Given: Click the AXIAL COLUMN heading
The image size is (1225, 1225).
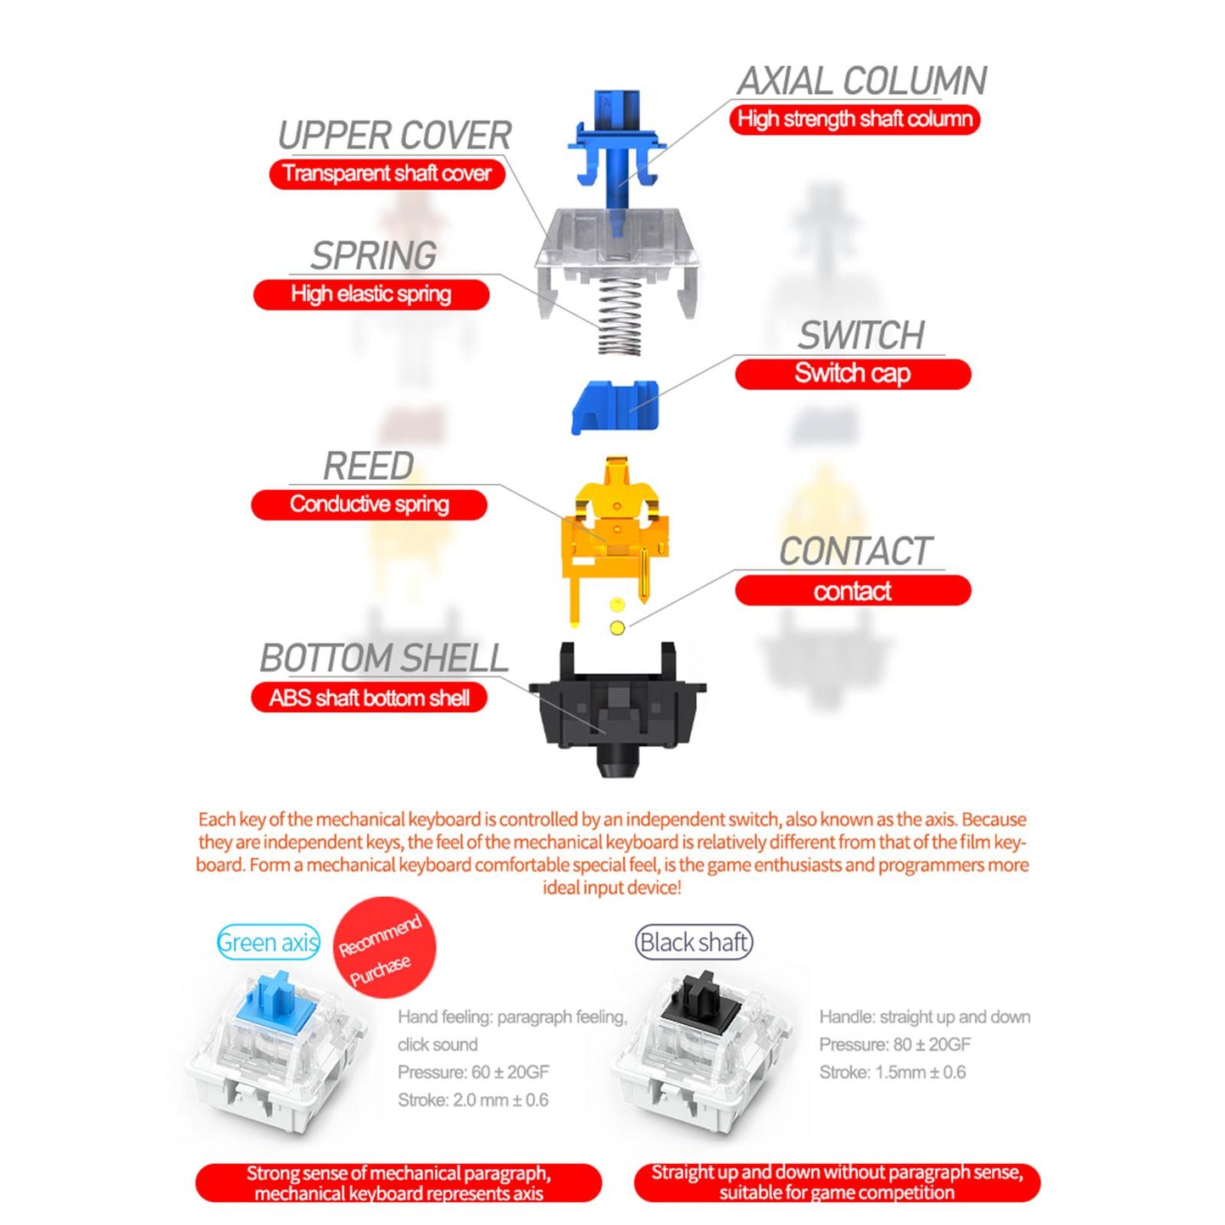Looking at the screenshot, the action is pyautogui.click(x=861, y=81).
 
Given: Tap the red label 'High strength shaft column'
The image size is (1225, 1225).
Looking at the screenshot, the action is pyautogui.click(x=855, y=120).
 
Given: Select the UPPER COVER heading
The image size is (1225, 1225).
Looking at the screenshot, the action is pyautogui.click(x=395, y=136).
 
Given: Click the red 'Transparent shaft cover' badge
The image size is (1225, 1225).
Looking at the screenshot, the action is pyautogui.click(x=387, y=174).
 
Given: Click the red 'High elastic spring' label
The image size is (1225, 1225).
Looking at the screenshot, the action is pyautogui.click(x=371, y=294).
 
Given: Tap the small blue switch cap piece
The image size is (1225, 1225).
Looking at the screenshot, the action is pyautogui.click(x=615, y=407).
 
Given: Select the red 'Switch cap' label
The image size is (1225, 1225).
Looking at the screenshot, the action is pyautogui.click(x=853, y=374).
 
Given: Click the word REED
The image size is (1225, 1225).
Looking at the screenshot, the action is pyautogui.click(x=369, y=466).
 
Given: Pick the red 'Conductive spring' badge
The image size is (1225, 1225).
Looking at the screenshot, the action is pyautogui.click(x=370, y=504).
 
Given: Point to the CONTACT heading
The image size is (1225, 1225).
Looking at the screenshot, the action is pyautogui.click(x=855, y=550).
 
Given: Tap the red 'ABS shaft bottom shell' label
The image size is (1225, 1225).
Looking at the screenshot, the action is pyautogui.click(x=370, y=698).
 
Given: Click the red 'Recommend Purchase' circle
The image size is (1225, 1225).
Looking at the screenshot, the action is pyautogui.click(x=385, y=947).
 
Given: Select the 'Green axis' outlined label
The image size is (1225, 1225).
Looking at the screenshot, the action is pyautogui.click(x=268, y=942).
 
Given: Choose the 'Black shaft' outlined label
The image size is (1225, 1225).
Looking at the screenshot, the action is pyautogui.click(x=694, y=942).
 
